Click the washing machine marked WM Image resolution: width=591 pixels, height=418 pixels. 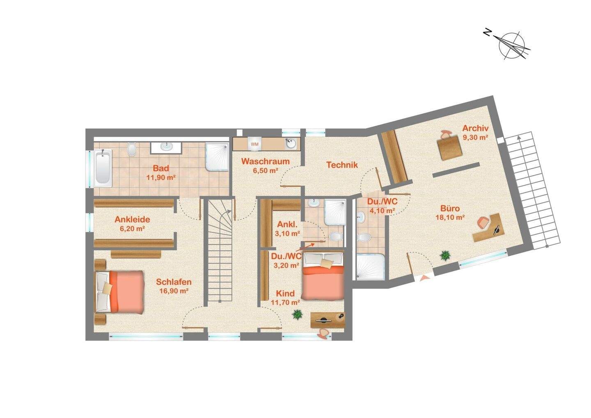click(254, 144)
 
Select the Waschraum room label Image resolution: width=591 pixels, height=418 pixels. click(266, 161)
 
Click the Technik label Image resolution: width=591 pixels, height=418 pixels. click(342, 165)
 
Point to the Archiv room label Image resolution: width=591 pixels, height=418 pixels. click(475, 128)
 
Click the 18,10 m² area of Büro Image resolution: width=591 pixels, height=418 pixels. click(450, 218)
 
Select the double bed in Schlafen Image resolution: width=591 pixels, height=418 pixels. click(119, 292)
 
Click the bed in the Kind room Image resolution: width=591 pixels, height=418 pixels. click(323, 276)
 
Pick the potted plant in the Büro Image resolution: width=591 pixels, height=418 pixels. click(445, 255)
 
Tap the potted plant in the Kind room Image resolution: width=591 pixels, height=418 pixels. click(297, 314)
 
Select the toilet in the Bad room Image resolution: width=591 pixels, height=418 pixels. click(131, 149)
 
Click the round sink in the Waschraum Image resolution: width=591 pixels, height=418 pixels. click(291, 144)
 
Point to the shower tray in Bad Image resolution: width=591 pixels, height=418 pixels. click(217, 157)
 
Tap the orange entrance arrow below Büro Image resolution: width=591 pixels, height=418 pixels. click(424, 278)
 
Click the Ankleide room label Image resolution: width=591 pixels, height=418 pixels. click(132, 219)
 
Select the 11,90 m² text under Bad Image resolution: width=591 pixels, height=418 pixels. click(161, 177)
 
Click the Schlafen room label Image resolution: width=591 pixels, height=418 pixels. click(174, 282)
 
